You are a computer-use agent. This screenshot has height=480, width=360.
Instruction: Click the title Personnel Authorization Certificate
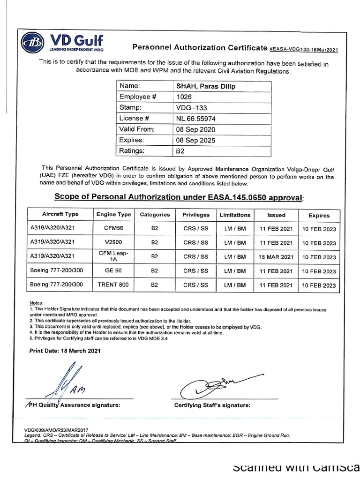coord(199,47)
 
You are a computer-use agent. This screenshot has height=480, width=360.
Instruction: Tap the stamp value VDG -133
coord(188,108)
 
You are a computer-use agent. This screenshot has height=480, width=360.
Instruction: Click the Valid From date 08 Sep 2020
coord(195,129)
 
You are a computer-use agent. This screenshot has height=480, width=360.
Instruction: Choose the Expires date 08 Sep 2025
coord(195,140)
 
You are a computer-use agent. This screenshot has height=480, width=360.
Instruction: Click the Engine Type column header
coord(113,215)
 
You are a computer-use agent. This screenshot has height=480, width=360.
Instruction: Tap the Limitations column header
coord(235,215)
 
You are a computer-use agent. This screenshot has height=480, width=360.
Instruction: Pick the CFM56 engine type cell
coord(113,229)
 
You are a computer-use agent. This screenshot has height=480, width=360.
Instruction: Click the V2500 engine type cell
coord(113,243)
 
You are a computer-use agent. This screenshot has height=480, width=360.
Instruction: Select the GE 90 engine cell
coord(113,271)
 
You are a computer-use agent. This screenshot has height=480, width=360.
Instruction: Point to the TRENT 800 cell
coord(113,285)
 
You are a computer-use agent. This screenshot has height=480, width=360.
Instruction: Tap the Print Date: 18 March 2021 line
coord(65,351)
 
